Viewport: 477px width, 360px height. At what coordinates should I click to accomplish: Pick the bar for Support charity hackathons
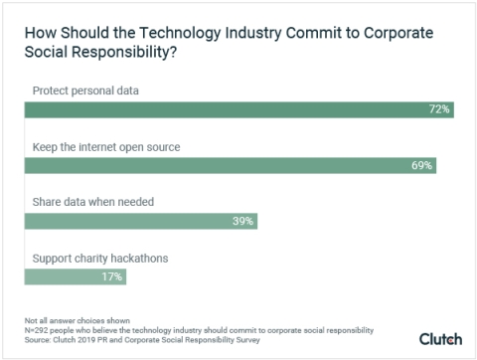click(x=70, y=276)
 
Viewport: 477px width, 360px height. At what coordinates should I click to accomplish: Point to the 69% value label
click(x=421, y=165)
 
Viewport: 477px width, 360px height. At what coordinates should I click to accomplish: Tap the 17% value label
click(x=111, y=276)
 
